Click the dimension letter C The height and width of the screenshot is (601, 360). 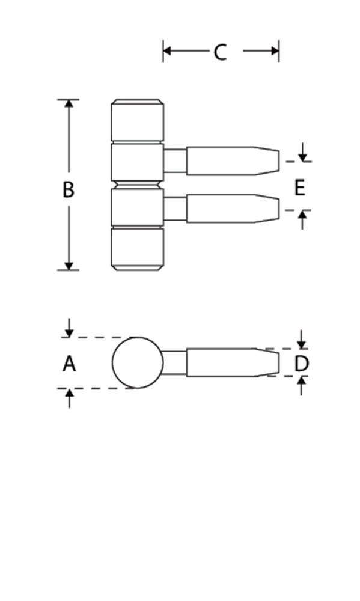pos(220,52)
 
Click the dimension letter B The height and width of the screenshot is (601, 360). pos(69,189)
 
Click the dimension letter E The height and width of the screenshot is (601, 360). pos(299,188)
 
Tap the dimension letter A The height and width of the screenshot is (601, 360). pos(69,364)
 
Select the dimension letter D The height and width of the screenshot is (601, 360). pos(301,364)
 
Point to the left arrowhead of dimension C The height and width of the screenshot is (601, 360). pos(167,50)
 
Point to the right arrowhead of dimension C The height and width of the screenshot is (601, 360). pos(275,50)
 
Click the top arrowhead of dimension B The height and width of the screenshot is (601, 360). pos(69,104)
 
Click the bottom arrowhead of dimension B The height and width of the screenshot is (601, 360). pos(69,266)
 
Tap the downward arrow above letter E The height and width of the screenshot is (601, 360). pos(303,152)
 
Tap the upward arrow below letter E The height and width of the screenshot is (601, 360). pos(303,220)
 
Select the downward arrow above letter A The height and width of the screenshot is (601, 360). pos(69,328)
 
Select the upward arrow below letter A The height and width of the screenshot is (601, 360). pos(69,398)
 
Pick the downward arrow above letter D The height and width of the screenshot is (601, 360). pos(301,339)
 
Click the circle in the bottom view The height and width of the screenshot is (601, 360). pos(138,362)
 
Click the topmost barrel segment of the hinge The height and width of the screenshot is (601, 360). pos(138,120)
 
